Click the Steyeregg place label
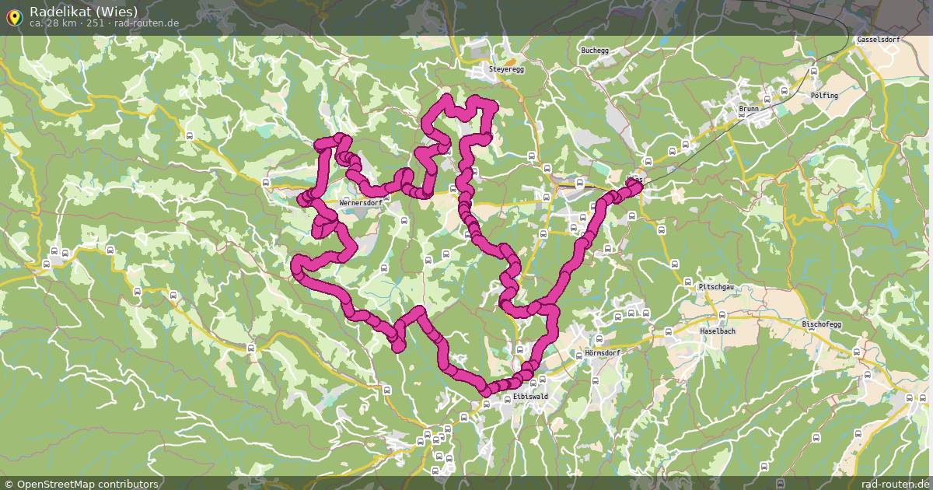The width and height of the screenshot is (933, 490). point(507,69)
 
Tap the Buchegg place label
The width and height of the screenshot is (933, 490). point(595,51)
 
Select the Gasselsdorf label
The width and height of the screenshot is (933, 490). point(878,39)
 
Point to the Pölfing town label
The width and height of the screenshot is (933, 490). point(824,95)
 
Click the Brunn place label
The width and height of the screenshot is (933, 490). point(748,109)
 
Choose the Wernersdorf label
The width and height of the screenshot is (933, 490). point(361,203)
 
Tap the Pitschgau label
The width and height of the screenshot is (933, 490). point(716,287)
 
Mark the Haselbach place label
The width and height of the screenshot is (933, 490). point(718,331)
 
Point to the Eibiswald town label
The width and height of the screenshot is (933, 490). point(530,396)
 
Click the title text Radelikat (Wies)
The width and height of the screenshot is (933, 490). point(83,11)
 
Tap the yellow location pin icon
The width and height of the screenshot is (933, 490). point(14,16)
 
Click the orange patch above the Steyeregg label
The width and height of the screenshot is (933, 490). point(509,61)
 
